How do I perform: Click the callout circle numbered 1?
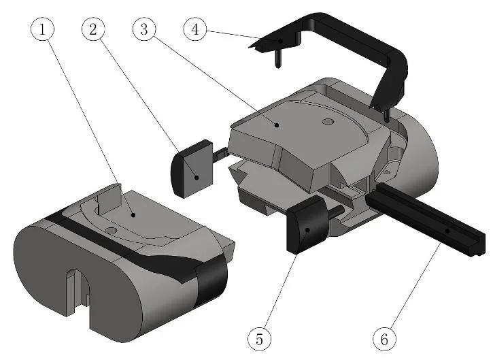pos(43,30)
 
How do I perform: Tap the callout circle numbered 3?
pos(144,30)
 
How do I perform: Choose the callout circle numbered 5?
pos(259,337)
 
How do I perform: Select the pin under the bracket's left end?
pos(277,60)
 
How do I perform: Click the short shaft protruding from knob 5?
pos(335,211)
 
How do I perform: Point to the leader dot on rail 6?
pos(447,231)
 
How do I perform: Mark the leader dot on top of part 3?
pos(276,125)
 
